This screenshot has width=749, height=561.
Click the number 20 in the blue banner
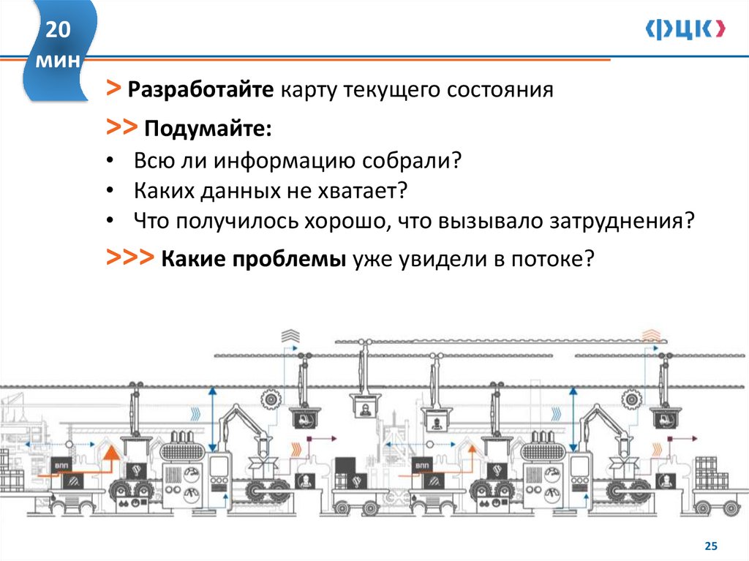pyautogui.click(x=59, y=31)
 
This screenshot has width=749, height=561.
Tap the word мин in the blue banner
pyautogui.click(x=59, y=61)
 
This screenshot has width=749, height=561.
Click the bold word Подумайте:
pyautogui.click(x=208, y=129)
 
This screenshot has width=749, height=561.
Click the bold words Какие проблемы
pyautogui.click(x=253, y=260)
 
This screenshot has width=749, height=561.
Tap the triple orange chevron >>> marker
pyautogui.click(x=129, y=258)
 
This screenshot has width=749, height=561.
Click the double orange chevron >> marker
pyautogui.click(x=121, y=128)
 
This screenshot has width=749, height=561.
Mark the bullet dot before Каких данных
pyautogui.click(x=109, y=191)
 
